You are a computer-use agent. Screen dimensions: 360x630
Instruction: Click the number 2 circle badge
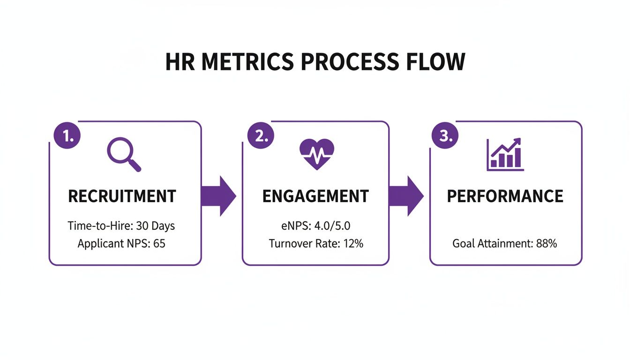[260, 136]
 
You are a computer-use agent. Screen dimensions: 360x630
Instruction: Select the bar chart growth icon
[505, 154]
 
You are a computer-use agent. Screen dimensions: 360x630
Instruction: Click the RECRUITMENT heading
[122, 196]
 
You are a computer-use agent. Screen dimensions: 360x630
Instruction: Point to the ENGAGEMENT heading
[315, 196]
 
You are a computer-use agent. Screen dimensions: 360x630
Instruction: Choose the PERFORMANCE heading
[505, 196]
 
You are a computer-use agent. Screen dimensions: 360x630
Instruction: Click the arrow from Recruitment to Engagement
[219, 196]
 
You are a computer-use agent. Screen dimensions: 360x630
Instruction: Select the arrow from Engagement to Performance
[406, 196]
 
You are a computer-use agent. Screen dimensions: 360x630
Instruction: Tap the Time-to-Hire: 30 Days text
[121, 226]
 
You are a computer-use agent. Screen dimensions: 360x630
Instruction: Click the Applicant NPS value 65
[159, 244]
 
